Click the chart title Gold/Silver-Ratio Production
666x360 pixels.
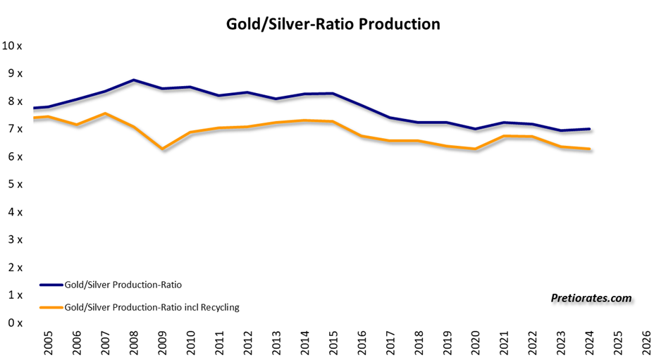[333, 24]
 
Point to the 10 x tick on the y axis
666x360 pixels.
[12, 46]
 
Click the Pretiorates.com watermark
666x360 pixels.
[591, 298]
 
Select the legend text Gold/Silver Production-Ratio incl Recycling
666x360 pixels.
[152, 307]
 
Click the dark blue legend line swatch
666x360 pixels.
[51, 285]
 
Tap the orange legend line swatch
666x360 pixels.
[51, 307]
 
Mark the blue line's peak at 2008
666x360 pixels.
[134, 80]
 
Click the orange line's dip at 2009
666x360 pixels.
[162, 149]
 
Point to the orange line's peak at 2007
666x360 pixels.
[105, 113]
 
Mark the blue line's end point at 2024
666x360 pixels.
[589, 129]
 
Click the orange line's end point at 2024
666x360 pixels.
[589, 149]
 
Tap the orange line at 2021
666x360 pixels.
[504, 136]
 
